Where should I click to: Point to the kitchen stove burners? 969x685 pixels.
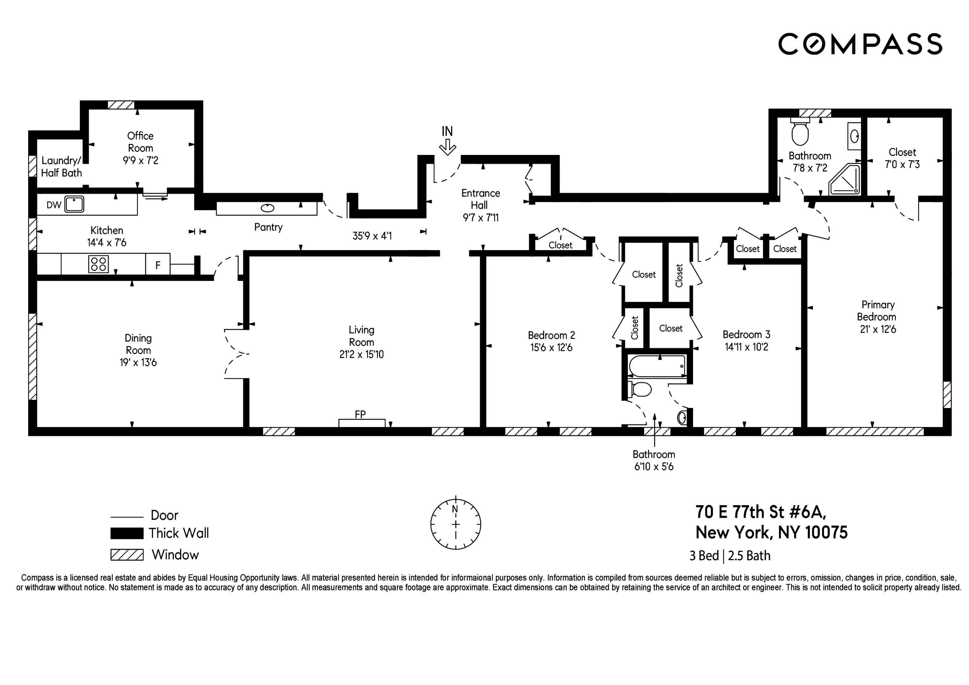coord(98,264)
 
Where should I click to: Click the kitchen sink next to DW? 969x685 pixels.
coord(74,205)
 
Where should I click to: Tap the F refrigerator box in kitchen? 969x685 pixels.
coord(158,265)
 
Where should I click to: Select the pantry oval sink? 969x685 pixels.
coord(267,208)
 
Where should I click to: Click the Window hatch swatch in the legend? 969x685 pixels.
coord(127,555)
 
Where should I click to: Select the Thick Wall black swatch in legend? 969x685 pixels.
coord(127,533)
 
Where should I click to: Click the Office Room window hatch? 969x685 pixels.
coord(121,105)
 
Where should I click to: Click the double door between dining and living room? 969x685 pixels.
coord(236,353)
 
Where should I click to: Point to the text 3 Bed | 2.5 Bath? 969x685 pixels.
coord(730,556)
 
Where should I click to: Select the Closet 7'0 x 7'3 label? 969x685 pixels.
coord(902,158)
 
